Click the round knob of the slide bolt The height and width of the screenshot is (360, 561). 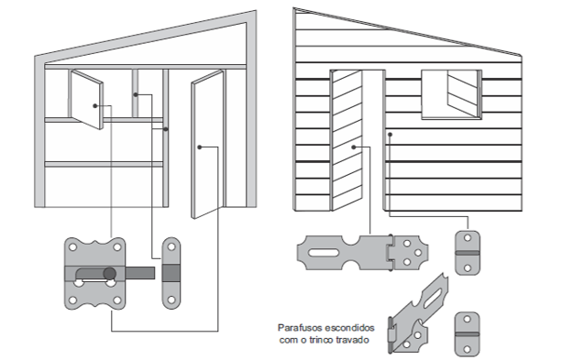pyautogui.click(x=110, y=274)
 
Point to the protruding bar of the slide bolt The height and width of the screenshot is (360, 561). pyautogui.click(x=140, y=273)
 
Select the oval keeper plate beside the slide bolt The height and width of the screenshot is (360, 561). pyautogui.click(x=171, y=273)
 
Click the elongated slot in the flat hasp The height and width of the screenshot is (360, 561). pyautogui.click(x=323, y=253)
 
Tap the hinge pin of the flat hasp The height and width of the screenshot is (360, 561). pyautogui.click(x=391, y=253)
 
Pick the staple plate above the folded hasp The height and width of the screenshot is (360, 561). pyautogui.click(x=467, y=253)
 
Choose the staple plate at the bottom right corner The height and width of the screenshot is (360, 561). pyautogui.click(x=467, y=334)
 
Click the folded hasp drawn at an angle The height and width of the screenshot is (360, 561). pyautogui.click(x=419, y=314)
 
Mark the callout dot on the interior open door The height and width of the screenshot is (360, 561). pyautogui.click(x=200, y=147)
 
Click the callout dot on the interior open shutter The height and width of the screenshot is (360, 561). pyautogui.click(x=94, y=106)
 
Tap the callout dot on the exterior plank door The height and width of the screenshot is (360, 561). pyautogui.click(x=354, y=147)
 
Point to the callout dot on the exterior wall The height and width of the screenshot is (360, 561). pyautogui.click(x=390, y=135)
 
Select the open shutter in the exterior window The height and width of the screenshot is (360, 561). pyautogui.click(x=462, y=93)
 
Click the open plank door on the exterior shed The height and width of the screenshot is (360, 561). pyautogui.click(x=346, y=140)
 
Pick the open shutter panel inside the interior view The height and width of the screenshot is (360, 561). pyautogui.click(x=86, y=99)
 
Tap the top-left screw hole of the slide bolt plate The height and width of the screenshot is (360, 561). pyautogui.click(x=72, y=247)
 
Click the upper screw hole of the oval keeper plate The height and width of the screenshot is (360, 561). pyautogui.click(x=171, y=246)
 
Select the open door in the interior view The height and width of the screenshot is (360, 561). pyautogui.click(x=207, y=144)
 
